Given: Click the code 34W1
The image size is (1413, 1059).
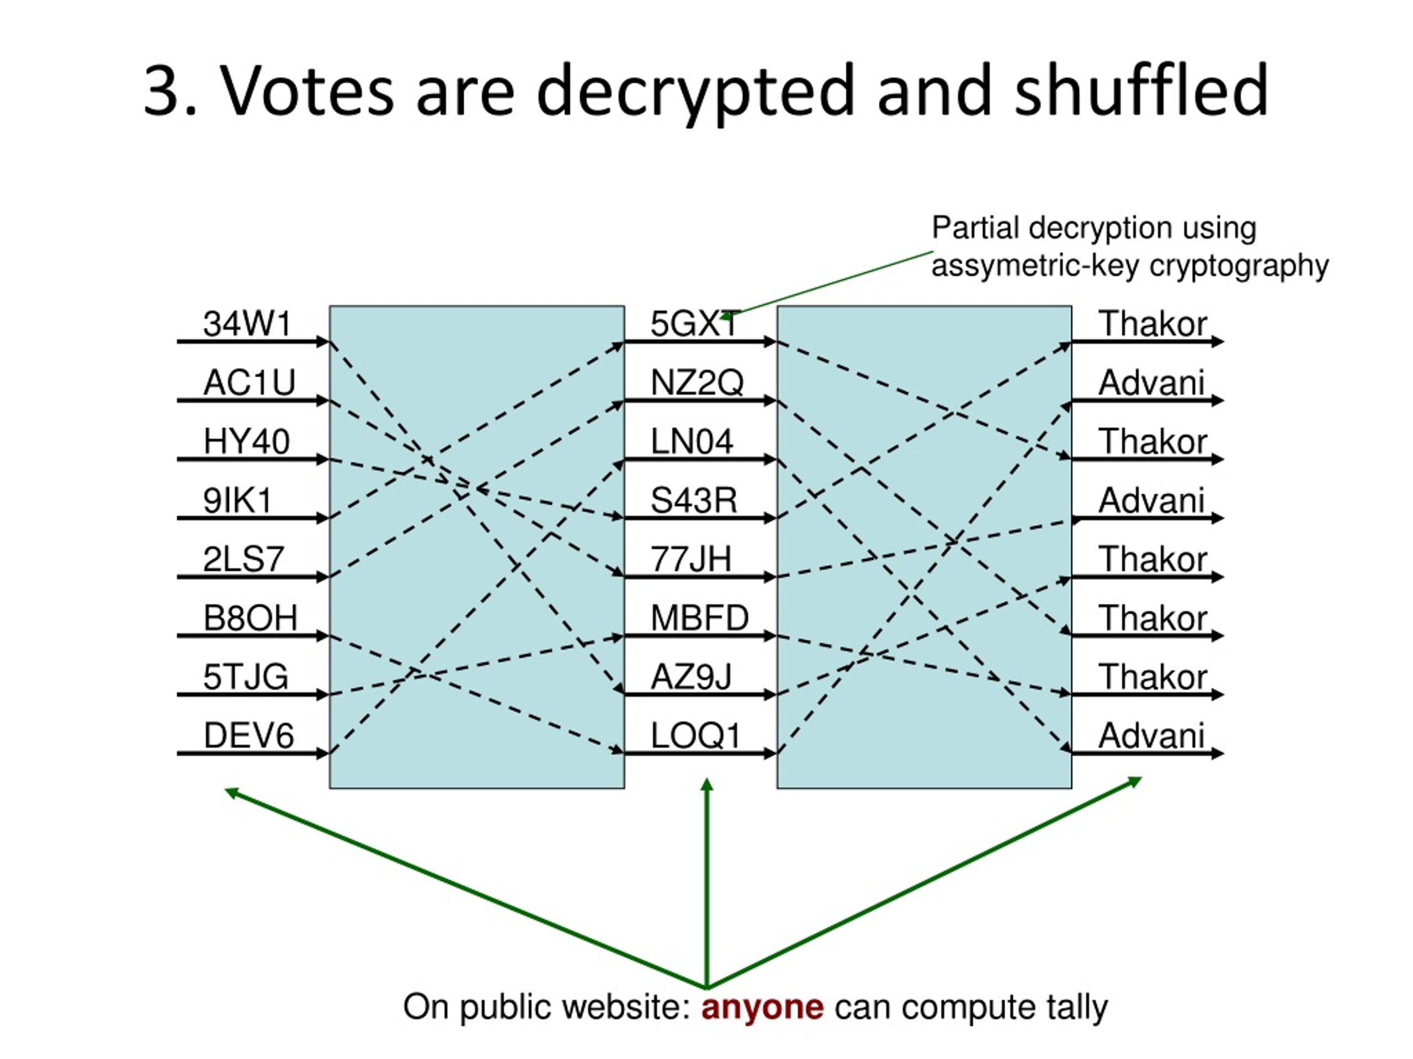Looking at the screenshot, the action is click(x=247, y=324).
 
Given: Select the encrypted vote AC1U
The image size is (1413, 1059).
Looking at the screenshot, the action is click(x=249, y=383).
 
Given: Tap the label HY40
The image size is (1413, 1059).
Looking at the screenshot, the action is click(x=247, y=442).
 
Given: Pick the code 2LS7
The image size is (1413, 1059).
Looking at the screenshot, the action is click(x=243, y=559).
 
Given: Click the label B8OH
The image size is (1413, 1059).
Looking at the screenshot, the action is click(x=251, y=618).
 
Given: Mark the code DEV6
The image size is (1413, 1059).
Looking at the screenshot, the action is click(x=248, y=735).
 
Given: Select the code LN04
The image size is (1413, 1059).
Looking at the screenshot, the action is click(x=692, y=442).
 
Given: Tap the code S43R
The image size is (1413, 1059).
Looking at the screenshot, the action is click(x=694, y=500).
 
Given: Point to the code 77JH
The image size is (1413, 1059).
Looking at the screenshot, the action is click(x=690, y=559).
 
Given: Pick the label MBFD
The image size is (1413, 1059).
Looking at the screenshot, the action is click(x=699, y=618).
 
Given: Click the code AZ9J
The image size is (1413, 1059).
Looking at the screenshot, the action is click(x=691, y=677).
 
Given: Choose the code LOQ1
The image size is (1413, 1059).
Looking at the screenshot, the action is click(x=695, y=735).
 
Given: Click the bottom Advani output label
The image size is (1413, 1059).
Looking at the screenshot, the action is click(x=1151, y=735).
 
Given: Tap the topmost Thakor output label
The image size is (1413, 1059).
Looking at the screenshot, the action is click(x=1152, y=324).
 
